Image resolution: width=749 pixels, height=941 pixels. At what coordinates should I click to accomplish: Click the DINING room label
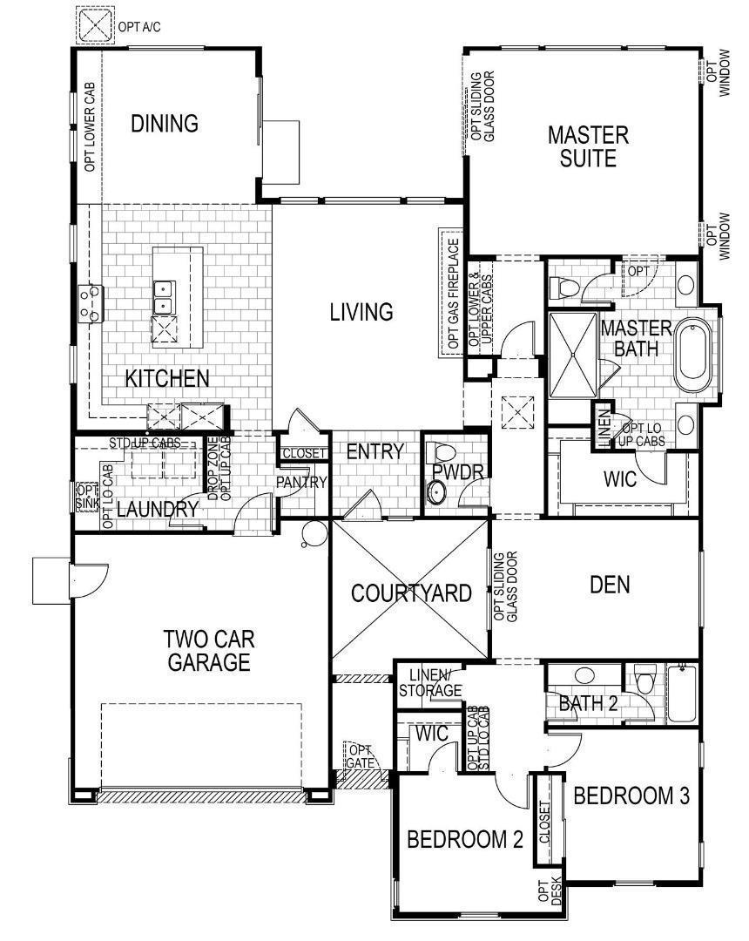(x=165, y=124)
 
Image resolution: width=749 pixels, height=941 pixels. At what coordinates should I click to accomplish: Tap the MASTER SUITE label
(x=588, y=146)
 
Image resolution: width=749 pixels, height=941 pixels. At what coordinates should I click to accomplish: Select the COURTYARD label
(x=411, y=593)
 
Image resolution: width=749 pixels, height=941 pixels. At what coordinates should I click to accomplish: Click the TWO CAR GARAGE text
(x=208, y=650)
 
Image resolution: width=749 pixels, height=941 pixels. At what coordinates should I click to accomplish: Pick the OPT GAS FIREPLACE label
(x=452, y=294)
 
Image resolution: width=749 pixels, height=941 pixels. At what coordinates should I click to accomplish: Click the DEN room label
(x=610, y=585)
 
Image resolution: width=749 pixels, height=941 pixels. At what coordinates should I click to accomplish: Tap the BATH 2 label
(x=588, y=703)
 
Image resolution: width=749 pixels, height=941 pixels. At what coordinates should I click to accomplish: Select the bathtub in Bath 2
(x=682, y=694)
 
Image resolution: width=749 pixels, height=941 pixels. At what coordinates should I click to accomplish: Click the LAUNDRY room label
(x=158, y=510)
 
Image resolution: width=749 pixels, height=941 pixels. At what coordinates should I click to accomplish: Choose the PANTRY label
(x=301, y=482)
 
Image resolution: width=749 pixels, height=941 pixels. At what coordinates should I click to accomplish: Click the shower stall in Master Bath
(x=573, y=355)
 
